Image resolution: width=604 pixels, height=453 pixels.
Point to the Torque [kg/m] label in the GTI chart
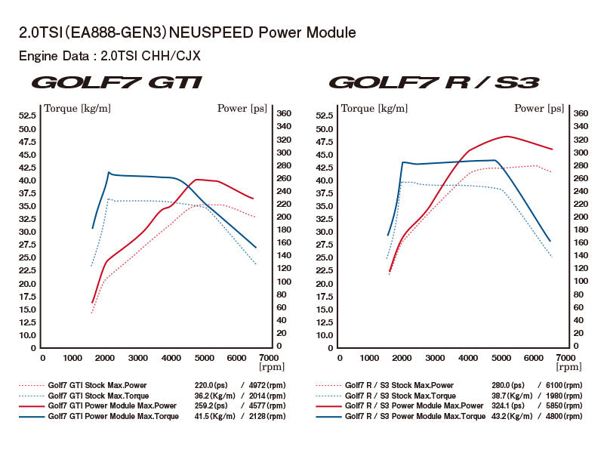click(78, 108)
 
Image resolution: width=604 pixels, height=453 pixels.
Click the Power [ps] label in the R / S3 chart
click(539, 108)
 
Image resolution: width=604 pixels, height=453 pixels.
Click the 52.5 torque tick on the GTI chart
click(28, 116)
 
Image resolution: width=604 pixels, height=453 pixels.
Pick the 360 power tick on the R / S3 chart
click(581, 113)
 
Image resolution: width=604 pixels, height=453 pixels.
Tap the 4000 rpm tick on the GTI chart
click(171, 358)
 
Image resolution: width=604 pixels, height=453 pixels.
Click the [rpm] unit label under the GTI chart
click(271, 367)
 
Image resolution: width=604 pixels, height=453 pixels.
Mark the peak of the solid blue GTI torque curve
click(109, 172)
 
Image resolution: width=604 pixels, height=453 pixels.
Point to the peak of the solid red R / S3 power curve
click(506, 136)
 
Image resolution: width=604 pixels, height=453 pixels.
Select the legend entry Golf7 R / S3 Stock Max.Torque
click(399, 396)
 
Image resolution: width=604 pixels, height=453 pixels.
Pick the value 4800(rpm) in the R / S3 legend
click(562, 416)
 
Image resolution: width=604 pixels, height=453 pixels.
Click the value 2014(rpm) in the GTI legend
click(266, 396)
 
